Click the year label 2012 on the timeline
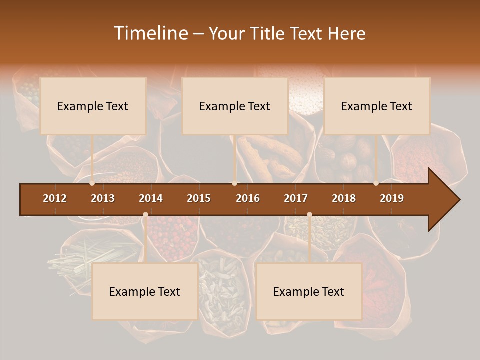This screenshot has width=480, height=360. point(55,198)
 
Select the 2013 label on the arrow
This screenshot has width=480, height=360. point(103,198)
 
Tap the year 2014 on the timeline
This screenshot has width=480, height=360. point(151,198)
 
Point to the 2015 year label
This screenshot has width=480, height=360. point(199,198)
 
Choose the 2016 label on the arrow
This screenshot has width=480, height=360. point(248,198)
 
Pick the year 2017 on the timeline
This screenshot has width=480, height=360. point(296,198)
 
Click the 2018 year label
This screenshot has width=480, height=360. point(344,198)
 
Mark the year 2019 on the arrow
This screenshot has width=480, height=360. point(392,198)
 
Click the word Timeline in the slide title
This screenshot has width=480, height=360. point(150,33)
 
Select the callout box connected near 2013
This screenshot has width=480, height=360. point(93,106)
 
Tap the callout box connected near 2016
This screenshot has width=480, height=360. point(235,106)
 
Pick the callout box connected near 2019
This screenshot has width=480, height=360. point(377,106)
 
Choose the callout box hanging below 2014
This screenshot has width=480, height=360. point(145,291)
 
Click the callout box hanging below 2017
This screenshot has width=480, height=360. point(309,291)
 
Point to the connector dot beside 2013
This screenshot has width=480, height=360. point(92,183)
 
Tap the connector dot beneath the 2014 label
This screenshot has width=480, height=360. point(145,215)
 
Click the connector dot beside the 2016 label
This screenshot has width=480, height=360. point(235,183)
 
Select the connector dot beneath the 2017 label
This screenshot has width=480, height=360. point(309,215)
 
